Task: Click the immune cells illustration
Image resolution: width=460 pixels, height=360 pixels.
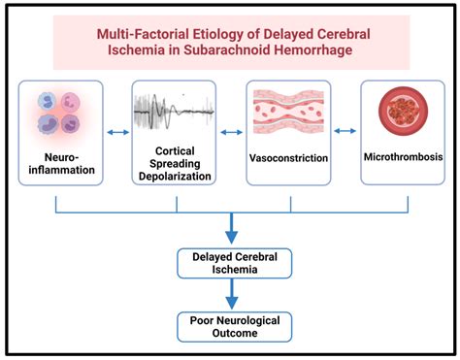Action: coord(59,112)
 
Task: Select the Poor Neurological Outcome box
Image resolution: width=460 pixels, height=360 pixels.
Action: coord(231,325)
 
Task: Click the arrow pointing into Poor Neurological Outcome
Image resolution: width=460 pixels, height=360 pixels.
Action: coord(231,295)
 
